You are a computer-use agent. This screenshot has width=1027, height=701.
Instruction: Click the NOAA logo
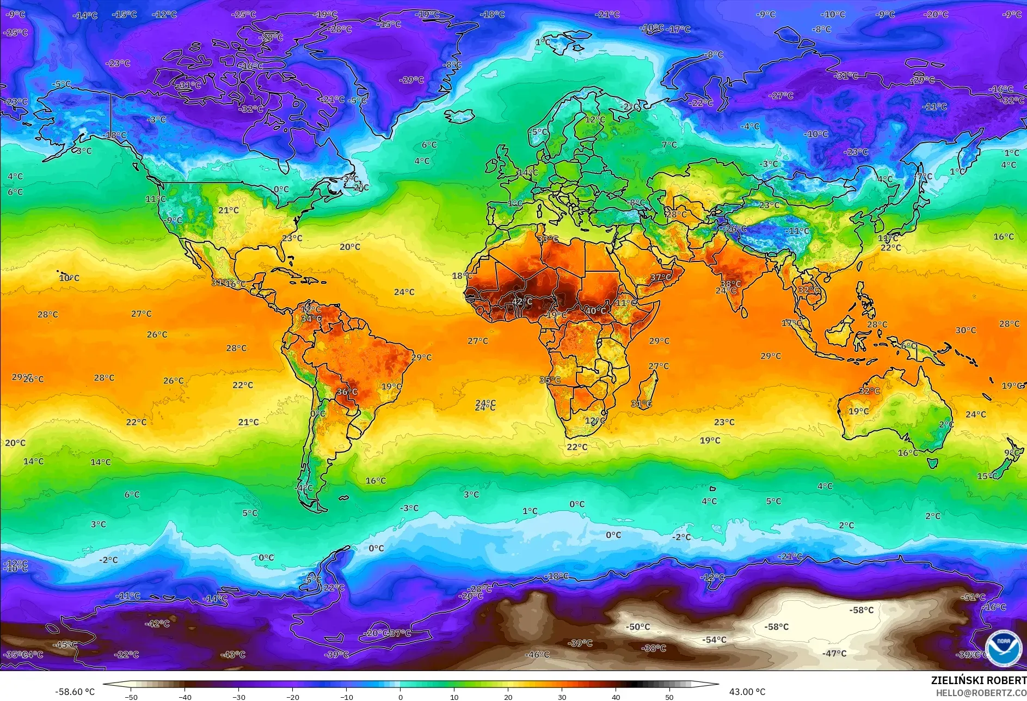coord(1003,647)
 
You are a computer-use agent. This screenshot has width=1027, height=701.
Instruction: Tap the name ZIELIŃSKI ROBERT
coord(978,680)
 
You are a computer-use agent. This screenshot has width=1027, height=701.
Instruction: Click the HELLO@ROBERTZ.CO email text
coord(981,693)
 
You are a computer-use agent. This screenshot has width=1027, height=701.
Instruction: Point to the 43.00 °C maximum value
coord(747,692)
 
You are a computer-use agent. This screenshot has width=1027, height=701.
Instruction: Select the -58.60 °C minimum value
coord(75,692)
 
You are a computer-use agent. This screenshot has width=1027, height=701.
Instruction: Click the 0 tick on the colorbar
coord(401,697)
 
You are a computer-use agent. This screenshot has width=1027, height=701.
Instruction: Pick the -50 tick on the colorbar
coord(131,697)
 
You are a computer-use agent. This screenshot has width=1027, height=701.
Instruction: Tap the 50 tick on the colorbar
coord(669,697)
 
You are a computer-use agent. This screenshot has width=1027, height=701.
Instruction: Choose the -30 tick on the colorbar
coord(238,697)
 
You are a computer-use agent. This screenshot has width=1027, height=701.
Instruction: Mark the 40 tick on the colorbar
coord(616,697)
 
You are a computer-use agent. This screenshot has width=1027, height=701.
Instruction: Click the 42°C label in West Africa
coord(521,301)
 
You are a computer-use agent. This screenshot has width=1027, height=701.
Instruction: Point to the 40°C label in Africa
coord(595,310)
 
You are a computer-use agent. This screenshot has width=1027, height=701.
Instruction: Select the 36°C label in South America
coord(347,392)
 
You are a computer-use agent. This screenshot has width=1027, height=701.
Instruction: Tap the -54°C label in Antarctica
coord(714,640)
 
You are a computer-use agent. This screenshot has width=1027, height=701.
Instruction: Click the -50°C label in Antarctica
coord(638,627)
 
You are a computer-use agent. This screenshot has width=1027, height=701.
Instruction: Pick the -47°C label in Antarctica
coord(834,653)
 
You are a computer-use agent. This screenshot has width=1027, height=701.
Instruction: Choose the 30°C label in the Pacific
coord(965,330)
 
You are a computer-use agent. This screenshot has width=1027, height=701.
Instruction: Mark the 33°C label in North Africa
coord(548,239)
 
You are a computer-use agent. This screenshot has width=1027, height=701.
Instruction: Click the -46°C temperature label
coord(537,655)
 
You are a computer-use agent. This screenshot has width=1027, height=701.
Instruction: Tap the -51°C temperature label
coord(973,597)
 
